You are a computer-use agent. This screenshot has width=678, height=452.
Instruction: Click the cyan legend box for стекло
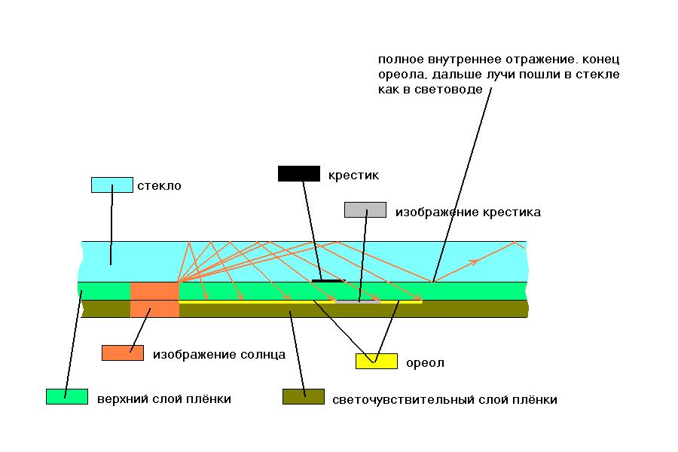[x=111, y=185]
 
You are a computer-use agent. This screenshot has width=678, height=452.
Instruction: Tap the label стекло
[x=159, y=185]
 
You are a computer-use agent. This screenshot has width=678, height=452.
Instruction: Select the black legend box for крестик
[x=299, y=173]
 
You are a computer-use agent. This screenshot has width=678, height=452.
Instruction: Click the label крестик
[x=353, y=175]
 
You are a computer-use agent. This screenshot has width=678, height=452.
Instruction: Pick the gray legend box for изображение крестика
[x=365, y=209]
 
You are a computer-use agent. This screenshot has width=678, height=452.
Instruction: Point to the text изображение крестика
[x=468, y=212]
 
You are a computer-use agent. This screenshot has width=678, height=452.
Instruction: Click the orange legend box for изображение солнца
[x=123, y=353]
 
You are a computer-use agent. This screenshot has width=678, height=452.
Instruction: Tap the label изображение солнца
[x=218, y=354]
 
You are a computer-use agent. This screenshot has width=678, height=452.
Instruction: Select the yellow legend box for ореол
[x=376, y=361]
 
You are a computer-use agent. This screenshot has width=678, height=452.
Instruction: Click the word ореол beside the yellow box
[x=424, y=363]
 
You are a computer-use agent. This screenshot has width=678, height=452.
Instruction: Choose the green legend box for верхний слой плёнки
[x=67, y=396]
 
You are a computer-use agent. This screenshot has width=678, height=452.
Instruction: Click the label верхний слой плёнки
[x=163, y=399]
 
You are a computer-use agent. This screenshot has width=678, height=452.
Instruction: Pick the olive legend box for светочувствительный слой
[x=304, y=396]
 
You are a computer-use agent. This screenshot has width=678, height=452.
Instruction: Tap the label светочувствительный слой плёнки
[x=444, y=399]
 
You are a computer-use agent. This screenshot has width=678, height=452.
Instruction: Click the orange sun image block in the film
[x=154, y=300]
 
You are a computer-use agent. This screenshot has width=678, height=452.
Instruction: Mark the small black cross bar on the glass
[x=326, y=280]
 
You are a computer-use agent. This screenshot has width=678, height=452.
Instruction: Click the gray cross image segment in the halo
[x=358, y=301]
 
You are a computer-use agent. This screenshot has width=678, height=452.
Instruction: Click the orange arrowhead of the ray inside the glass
[x=474, y=261]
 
